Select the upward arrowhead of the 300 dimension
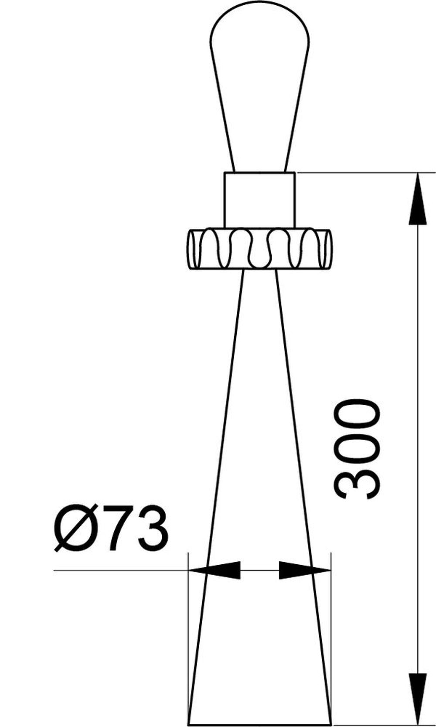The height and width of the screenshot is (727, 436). (418, 198)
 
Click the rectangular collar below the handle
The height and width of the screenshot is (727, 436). (260, 200)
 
